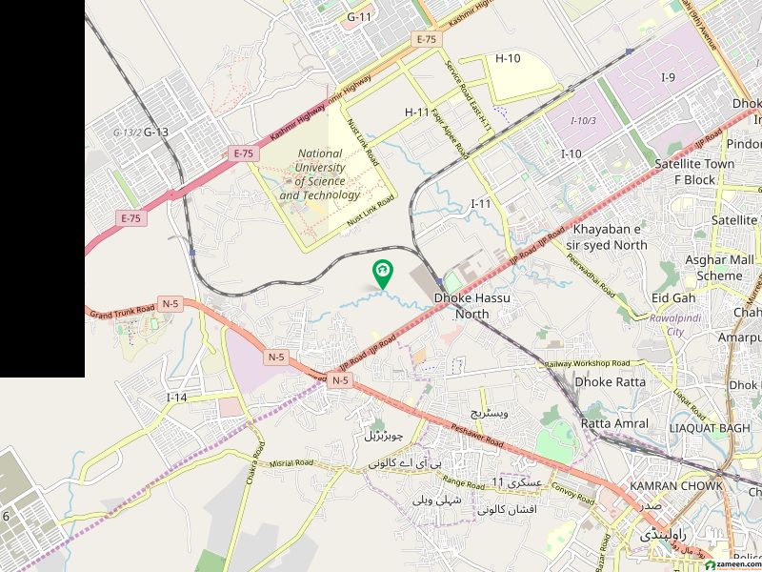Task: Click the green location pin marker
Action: pyautogui.click(x=382, y=274)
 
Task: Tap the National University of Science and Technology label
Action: pyautogui.click(x=320, y=174)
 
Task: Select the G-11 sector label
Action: pyautogui.click(x=359, y=17)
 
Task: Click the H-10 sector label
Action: pyautogui.click(x=508, y=59)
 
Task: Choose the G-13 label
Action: pyautogui.click(x=155, y=133)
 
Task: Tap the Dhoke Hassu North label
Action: pyautogui.click(x=472, y=306)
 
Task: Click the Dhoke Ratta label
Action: pyautogui.click(x=610, y=381)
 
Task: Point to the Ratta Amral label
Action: pyautogui.click(x=614, y=423)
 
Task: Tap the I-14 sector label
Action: pyautogui.click(x=176, y=397)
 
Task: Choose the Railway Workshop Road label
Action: pyautogui.click(x=588, y=364)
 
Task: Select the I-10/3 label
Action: pyautogui.click(x=583, y=121)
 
